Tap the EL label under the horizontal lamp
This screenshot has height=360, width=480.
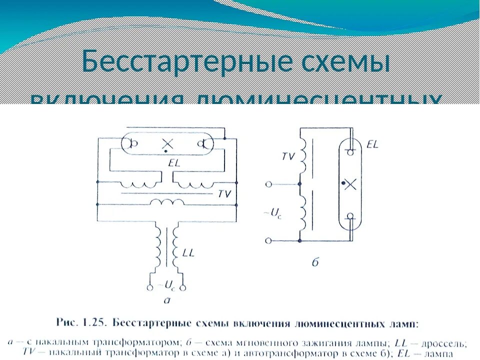(x=174, y=163)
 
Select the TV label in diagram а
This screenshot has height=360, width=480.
(x=224, y=193)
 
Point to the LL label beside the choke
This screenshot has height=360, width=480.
(x=188, y=253)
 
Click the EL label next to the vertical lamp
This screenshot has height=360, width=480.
(x=372, y=144)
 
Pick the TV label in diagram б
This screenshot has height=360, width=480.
(x=288, y=156)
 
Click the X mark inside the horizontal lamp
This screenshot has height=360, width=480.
(x=167, y=144)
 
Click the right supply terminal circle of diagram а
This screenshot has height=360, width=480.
(x=183, y=288)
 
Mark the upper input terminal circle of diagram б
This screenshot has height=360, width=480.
(x=269, y=184)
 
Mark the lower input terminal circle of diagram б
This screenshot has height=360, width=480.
(x=269, y=241)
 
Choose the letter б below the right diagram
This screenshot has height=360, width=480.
(x=315, y=262)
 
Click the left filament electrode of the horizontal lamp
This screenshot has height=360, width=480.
(x=133, y=144)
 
